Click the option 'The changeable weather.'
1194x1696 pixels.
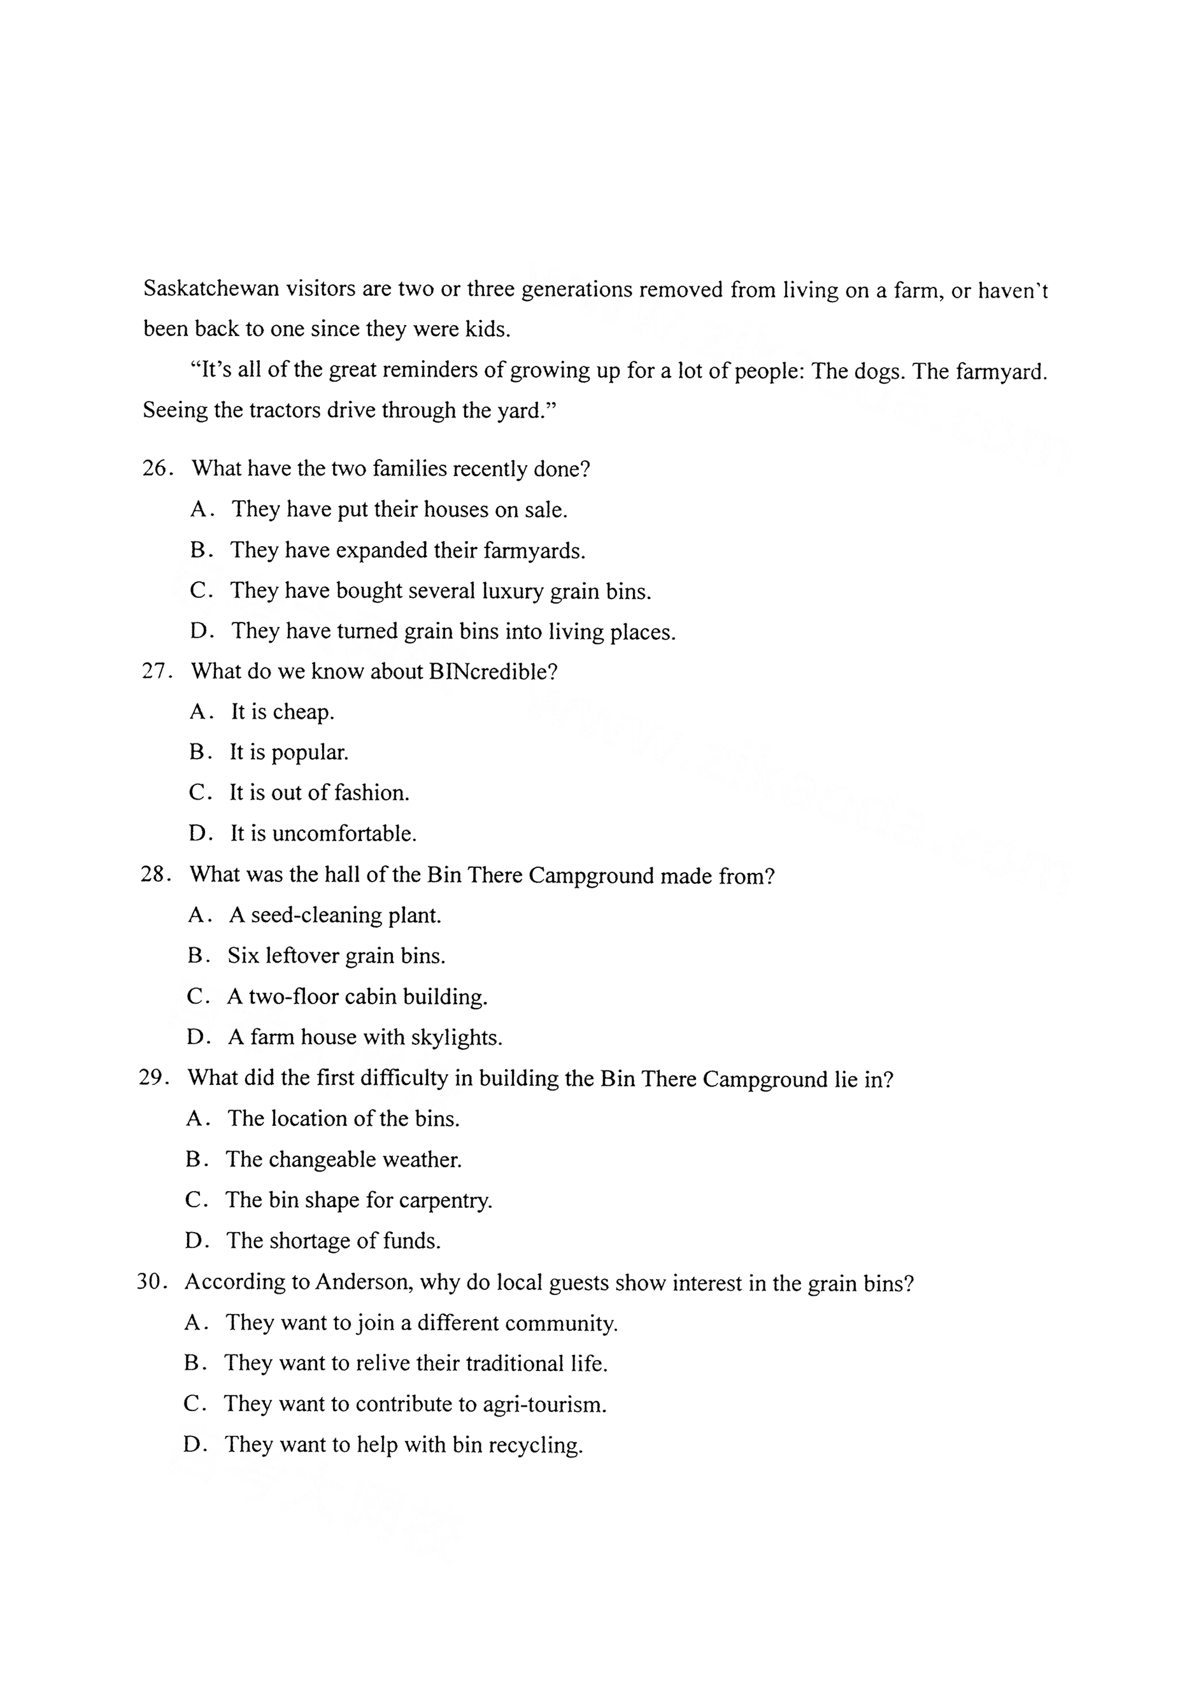click(343, 1159)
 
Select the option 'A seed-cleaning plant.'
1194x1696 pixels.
click(335, 915)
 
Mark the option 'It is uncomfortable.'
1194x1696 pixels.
click(323, 833)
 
